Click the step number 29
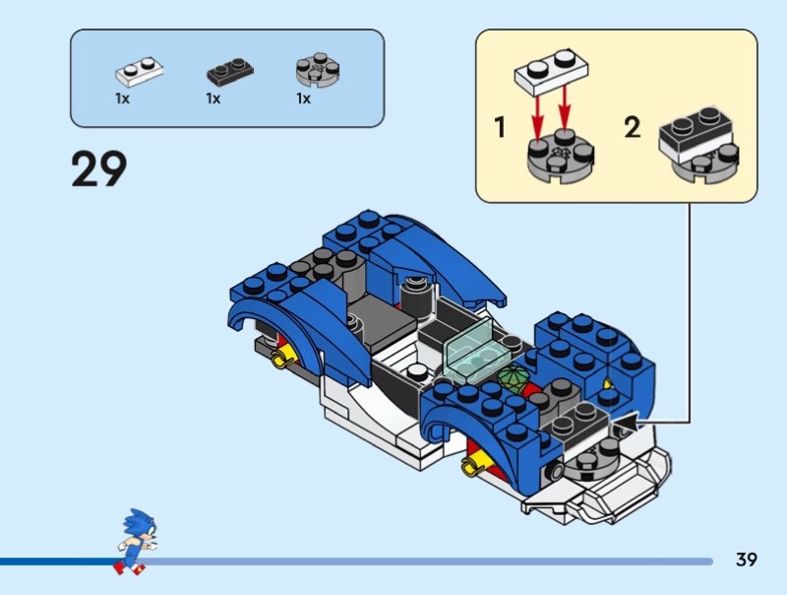point(99,168)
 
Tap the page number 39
point(746,561)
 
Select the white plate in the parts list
point(138,71)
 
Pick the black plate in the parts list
point(228,71)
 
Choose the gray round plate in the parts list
point(317,70)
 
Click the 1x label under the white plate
point(122,99)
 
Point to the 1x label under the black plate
point(212,99)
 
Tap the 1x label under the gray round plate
point(303,99)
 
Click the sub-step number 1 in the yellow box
point(500,128)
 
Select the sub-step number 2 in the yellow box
point(632,128)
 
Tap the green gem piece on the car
point(514,378)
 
